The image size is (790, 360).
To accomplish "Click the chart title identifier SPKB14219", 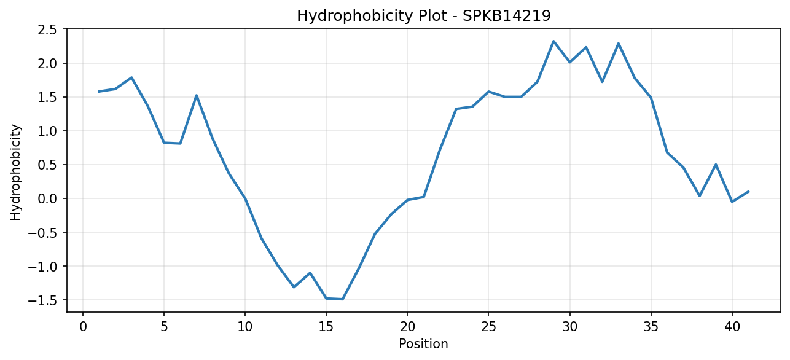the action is coord(506,16).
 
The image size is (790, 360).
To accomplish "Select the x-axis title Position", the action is coord(423,344).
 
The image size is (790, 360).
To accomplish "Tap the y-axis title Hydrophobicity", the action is coord(15,173).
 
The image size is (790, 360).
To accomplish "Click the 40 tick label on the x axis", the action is coord(732,327).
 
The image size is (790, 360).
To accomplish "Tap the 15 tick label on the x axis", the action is coord(326,327).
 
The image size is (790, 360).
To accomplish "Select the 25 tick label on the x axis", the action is coord(488,327).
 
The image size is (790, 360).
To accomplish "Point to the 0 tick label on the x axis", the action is coord(83,327).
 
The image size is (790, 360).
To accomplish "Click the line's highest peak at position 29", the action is coord(553,41).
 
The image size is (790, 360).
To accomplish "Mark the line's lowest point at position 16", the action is coord(342,299).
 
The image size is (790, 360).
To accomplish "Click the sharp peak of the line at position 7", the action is coord(197,96).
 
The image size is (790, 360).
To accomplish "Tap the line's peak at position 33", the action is coord(618,44).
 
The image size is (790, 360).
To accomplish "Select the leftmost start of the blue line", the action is coord(99,92).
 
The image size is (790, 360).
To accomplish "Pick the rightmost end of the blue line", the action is coord(748,192).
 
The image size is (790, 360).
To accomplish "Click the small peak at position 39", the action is coord(716,165).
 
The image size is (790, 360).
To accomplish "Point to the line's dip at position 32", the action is coord(602,82).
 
